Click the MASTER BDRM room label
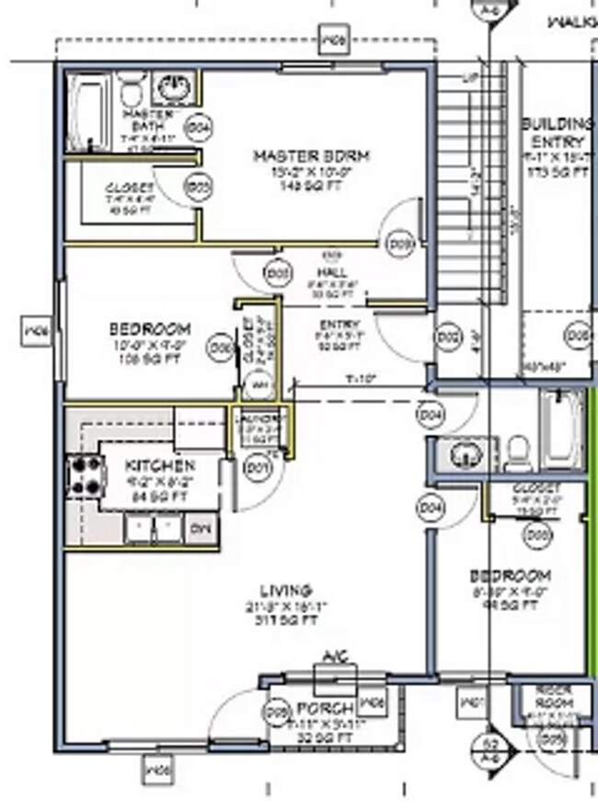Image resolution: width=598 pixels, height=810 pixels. [311, 157]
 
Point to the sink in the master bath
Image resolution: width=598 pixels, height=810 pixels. [172, 88]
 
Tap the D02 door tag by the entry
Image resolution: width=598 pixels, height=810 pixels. [448, 338]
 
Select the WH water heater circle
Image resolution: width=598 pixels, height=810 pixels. [259, 384]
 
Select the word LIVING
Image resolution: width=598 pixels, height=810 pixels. [285, 590]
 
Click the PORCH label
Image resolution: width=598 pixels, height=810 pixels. [326, 709]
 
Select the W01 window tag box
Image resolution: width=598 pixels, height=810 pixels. [471, 703]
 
